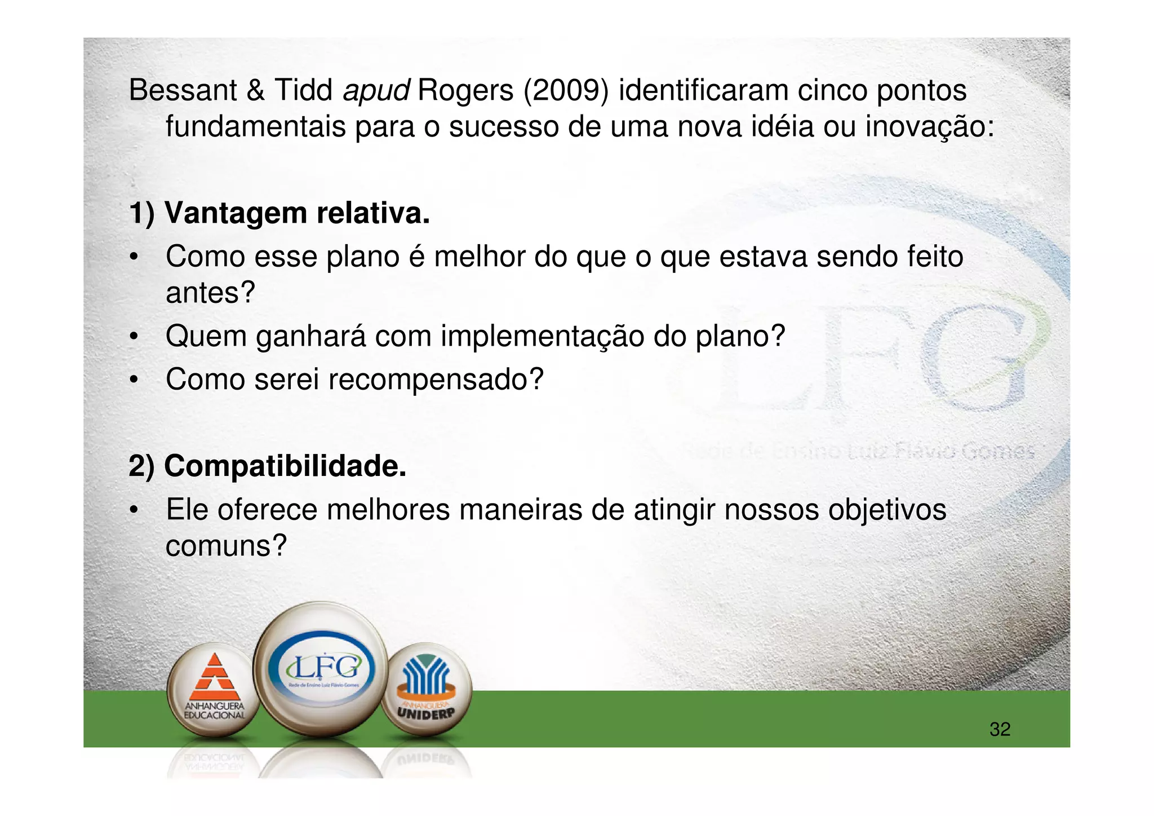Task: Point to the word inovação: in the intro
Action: [x=930, y=126]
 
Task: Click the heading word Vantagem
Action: [x=236, y=214]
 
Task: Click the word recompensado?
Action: [x=436, y=380]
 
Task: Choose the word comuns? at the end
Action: [x=226, y=546]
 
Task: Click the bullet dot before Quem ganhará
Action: [x=134, y=337]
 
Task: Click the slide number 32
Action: [x=1000, y=730]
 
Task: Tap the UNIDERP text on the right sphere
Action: [x=425, y=713]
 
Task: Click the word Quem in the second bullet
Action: [x=206, y=337]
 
